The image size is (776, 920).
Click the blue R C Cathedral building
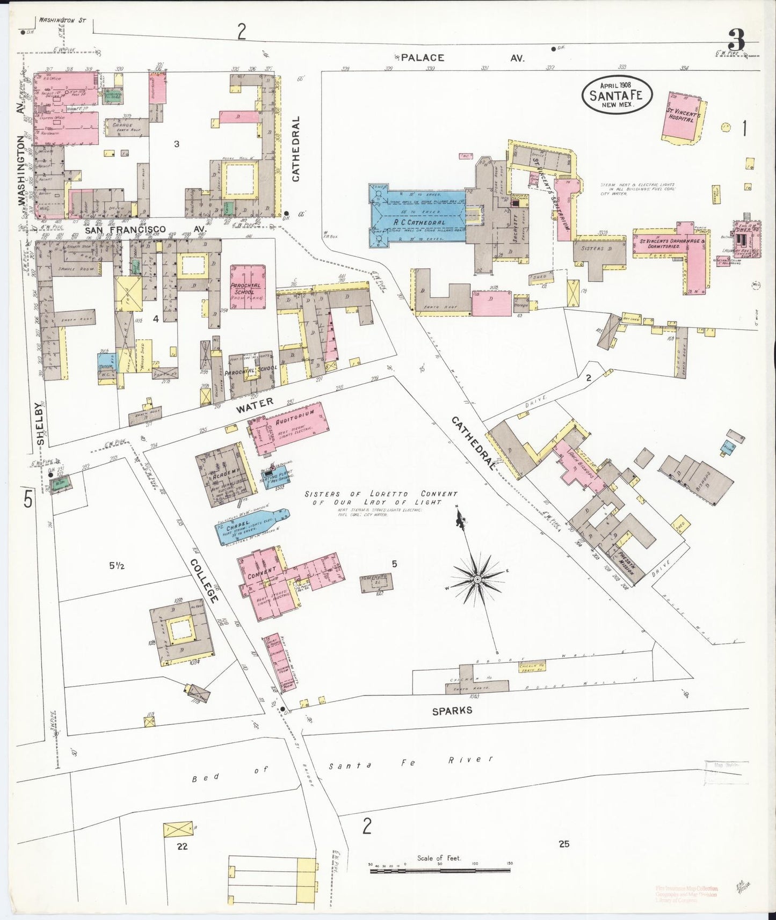[x=416, y=215]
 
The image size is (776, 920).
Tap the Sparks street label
[x=452, y=710]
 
